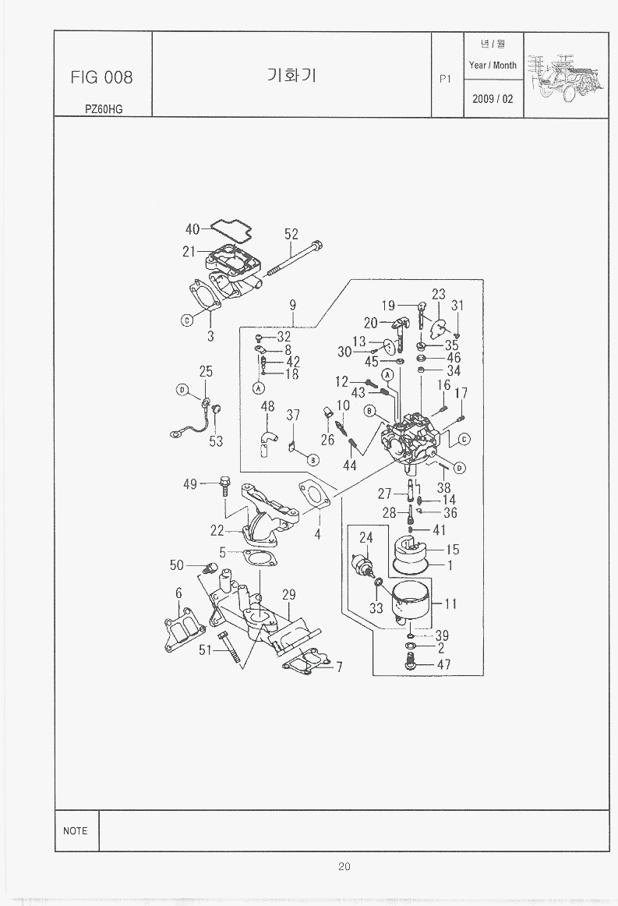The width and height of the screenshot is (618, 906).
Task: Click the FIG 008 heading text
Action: (x=101, y=76)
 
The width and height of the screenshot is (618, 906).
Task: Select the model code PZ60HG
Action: (x=104, y=109)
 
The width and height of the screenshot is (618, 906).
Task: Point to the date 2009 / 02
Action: (x=493, y=99)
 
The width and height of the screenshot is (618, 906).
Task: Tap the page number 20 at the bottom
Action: (x=344, y=865)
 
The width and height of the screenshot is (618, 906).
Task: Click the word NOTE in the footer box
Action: (x=76, y=830)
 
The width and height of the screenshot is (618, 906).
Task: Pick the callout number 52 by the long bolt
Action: (x=291, y=234)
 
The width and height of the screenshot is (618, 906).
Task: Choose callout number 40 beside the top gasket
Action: (x=192, y=229)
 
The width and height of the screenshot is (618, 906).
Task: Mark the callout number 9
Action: (x=293, y=305)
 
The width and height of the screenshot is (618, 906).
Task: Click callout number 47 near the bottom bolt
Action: (x=443, y=665)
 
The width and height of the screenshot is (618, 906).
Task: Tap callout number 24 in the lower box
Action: (x=366, y=537)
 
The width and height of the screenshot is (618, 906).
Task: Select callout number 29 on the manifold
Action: (x=288, y=595)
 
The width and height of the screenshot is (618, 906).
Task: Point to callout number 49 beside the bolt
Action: (x=190, y=484)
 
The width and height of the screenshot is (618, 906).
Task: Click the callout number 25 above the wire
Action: (x=206, y=372)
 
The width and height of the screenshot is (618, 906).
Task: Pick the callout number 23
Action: (x=438, y=294)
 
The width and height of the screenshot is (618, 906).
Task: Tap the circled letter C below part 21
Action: (x=187, y=320)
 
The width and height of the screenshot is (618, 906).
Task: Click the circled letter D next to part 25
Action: (x=182, y=390)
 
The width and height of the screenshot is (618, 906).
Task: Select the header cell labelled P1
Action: (x=446, y=78)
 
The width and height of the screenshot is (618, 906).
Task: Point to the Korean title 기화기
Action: (x=291, y=76)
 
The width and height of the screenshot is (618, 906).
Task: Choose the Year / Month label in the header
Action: (x=493, y=65)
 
